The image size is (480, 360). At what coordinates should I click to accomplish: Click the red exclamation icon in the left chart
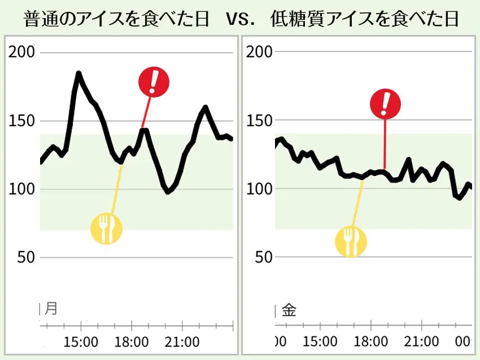point(154,82)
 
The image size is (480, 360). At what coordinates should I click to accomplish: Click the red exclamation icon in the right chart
point(385,103)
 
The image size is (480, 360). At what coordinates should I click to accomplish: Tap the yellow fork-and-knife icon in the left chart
point(106,229)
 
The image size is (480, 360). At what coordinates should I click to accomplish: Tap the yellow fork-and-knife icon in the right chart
point(351,242)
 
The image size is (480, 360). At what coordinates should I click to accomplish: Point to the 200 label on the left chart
point(22,52)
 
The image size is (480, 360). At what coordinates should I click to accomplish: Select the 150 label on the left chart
point(22,121)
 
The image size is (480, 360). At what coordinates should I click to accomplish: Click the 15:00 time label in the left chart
point(81,342)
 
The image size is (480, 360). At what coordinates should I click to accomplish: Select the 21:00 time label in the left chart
point(182,342)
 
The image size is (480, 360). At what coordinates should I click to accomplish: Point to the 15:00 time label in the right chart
point(320,342)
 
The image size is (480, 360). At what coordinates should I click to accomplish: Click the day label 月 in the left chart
point(51,309)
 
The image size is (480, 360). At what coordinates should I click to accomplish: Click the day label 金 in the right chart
point(289,310)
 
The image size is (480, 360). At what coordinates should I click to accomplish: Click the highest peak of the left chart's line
point(78,73)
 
